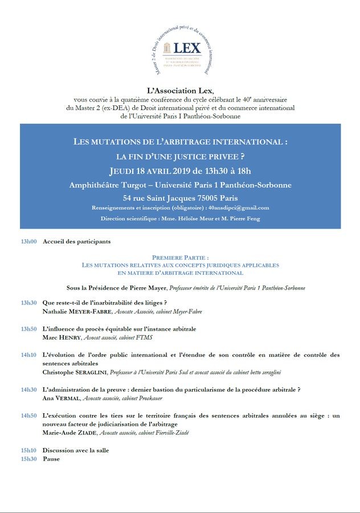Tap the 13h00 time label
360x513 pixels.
28,242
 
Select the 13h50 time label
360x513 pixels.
28,329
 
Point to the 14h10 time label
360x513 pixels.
28,355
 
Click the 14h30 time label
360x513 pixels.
28,389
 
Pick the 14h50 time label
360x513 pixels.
28,416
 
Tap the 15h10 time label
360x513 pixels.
28,450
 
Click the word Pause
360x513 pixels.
51,459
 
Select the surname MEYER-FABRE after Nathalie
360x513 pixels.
89,312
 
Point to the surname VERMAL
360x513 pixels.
68,398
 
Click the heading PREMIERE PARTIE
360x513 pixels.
180,258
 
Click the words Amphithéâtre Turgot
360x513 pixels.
109,185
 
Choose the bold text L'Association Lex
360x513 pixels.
180,90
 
